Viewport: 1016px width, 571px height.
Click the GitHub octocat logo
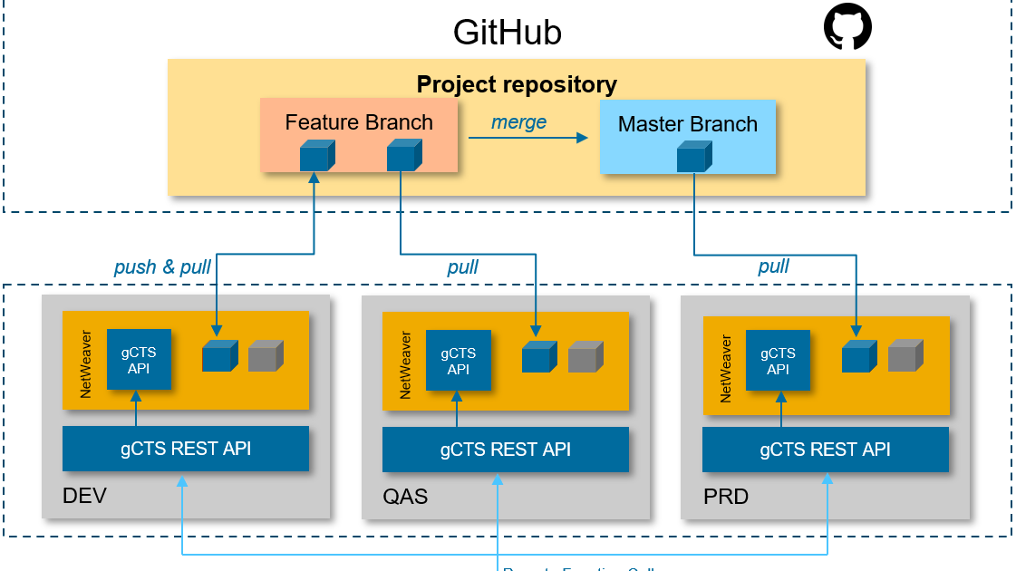click(x=847, y=27)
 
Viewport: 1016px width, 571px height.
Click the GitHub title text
click(x=507, y=33)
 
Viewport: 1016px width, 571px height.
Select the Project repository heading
click(x=517, y=84)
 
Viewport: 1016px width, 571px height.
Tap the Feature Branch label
click(x=359, y=122)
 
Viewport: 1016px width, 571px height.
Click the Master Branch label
click(x=687, y=124)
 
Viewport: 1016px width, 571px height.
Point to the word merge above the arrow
click(x=518, y=122)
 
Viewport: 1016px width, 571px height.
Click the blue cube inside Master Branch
click(x=693, y=157)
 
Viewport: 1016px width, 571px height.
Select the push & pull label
click(x=162, y=266)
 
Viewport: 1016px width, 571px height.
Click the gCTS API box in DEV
click(x=139, y=360)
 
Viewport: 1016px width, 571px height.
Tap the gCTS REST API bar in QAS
click(x=506, y=450)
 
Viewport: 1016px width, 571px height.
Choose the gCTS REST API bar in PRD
click(x=825, y=450)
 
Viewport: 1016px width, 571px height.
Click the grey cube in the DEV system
click(x=266, y=356)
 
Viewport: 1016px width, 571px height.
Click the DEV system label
click(x=84, y=496)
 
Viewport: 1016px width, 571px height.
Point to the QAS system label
click(x=405, y=497)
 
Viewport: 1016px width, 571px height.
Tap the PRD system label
click(x=726, y=497)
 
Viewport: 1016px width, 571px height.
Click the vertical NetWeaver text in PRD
click(x=726, y=368)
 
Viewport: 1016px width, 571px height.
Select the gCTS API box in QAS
click(x=459, y=361)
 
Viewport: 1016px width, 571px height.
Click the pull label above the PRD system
click(x=773, y=266)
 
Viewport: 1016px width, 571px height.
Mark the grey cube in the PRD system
click(x=905, y=356)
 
